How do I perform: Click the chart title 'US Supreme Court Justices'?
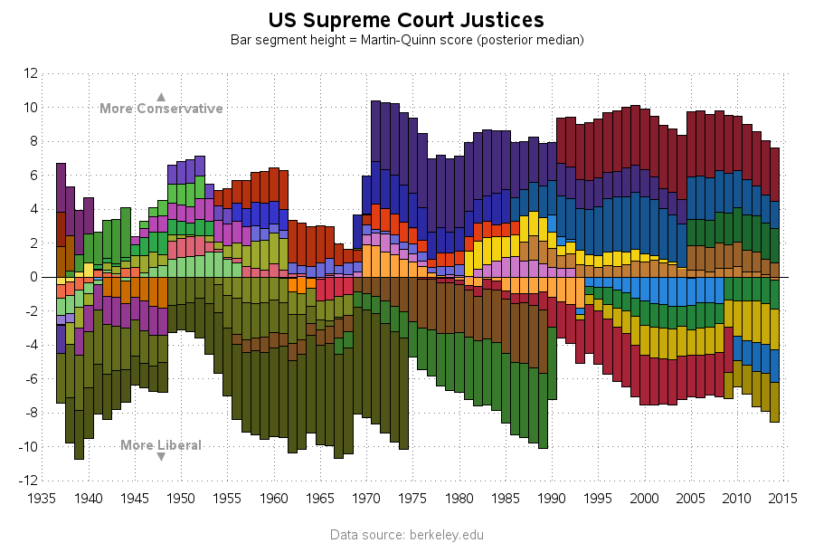coord(407,20)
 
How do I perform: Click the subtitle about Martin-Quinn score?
coord(407,40)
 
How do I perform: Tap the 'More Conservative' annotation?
coord(161,109)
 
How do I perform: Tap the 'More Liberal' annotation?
coord(161,445)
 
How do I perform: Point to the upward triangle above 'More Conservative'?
coord(161,96)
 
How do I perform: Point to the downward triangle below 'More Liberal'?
coord(161,457)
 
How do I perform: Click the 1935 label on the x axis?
coord(42,498)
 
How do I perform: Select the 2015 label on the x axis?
coord(783,498)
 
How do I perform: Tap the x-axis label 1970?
coord(366,498)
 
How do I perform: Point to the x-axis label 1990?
coord(552,498)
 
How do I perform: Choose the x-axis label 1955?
coord(227,498)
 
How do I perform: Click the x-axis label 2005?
coord(691,498)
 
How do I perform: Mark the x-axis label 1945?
coord(135,498)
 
